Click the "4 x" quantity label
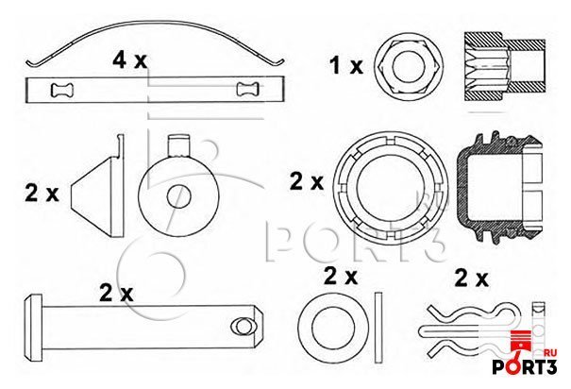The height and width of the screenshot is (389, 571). [129, 60]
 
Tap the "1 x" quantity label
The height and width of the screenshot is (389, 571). [346, 65]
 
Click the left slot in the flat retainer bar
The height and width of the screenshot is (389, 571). [63, 90]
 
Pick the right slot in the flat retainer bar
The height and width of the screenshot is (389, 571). [248, 90]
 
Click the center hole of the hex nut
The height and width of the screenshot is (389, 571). [409, 65]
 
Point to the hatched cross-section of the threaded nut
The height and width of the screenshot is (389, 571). [504, 66]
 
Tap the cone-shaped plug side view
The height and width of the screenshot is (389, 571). [97, 187]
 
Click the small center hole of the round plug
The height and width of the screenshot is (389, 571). [178, 197]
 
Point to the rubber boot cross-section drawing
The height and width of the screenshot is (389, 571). [499, 187]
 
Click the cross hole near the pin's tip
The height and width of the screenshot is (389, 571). [243, 326]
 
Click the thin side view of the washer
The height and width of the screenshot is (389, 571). [378, 328]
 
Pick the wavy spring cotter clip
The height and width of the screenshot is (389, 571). [470, 331]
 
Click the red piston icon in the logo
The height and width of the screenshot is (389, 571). [523, 340]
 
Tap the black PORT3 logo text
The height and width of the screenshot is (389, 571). [525, 366]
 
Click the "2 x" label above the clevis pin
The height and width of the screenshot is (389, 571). [116, 294]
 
